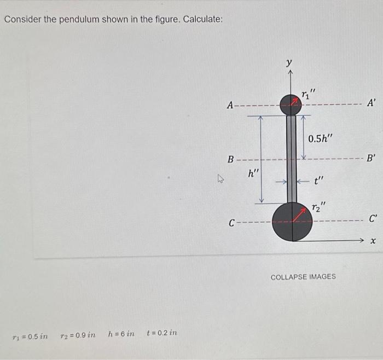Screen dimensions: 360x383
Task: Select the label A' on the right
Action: tap(372, 103)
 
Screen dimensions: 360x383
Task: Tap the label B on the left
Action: tap(231, 160)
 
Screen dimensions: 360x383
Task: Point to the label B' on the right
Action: tap(371, 159)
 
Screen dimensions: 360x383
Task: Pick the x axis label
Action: tap(374, 240)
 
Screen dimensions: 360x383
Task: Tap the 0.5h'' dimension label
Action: tap(320, 138)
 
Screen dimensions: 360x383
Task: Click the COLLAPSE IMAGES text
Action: tap(303, 276)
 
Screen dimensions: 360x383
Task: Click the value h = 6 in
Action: tap(121, 334)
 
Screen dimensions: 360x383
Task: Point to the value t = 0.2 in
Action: tap(162, 333)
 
